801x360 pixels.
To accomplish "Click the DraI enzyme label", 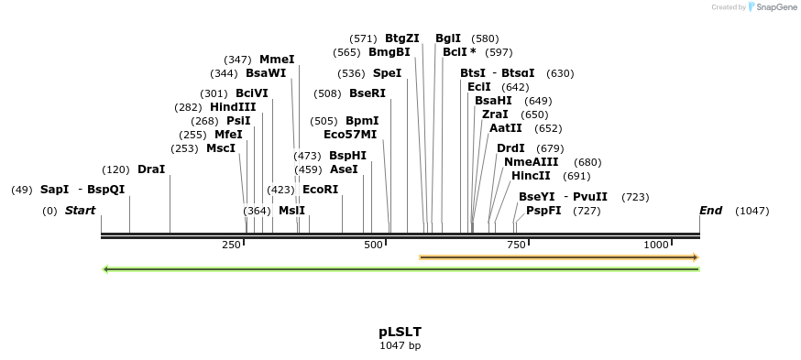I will tap(151, 169).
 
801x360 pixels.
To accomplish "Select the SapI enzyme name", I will tap(54, 190).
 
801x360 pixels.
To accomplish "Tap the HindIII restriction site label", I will tap(233, 107).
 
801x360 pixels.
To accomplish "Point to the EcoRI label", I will tap(320, 190).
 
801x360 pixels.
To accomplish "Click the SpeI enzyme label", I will tap(387, 73).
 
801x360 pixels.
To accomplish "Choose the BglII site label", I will tap(448, 38).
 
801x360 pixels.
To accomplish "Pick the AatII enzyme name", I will tap(506, 128).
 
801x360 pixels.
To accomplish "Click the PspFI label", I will tap(544, 211).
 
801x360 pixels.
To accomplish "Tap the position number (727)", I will tap(587, 211).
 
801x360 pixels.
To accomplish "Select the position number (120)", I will tap(115, 169).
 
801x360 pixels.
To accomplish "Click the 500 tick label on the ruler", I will tap(373, 245).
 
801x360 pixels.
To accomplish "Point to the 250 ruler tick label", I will tap(231, 245).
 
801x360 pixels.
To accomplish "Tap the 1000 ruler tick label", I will tap(656, 245).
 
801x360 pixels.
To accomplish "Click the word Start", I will tap(80, 211).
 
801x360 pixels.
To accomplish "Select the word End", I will tap(711, 211).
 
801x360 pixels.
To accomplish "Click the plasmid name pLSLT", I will tap(400, 332).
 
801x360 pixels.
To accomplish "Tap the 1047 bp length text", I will tap(400, 346).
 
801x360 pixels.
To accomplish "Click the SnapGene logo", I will tap(774, 7).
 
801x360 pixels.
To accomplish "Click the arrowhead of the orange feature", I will tap(696, 257).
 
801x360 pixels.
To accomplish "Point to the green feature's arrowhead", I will tap(106, 269).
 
